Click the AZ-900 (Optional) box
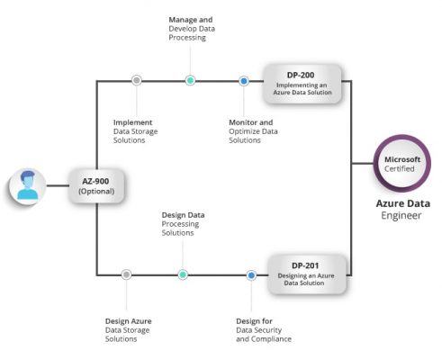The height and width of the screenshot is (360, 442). pos(96,185)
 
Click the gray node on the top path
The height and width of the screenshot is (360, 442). pos(137,80)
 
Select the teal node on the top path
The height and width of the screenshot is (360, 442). pos(190,80)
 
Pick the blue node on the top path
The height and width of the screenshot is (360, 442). pos(243,81)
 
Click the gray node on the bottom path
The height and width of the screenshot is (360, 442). pos(126,274)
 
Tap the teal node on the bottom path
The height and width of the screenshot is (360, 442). pos(183,274)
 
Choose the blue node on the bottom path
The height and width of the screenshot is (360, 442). pos(251,274)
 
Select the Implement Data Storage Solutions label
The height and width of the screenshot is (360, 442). pos(140,131)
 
